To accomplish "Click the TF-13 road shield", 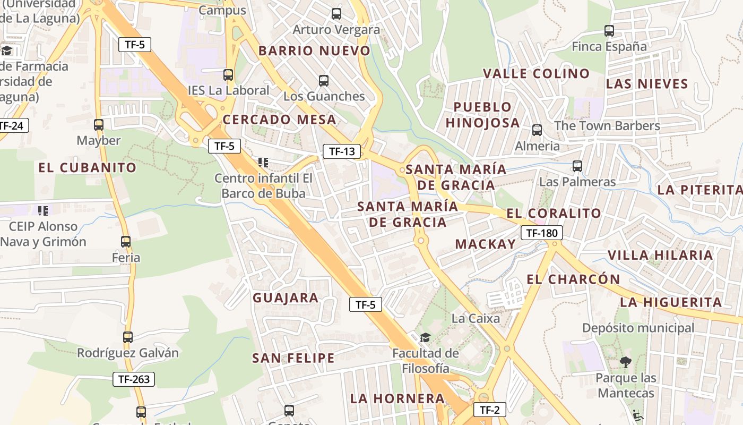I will [x=342, y=151].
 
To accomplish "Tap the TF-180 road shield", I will [x=541, y=233].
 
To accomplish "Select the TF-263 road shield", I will [x=134, y=379].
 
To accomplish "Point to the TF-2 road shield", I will [x=489, y=410].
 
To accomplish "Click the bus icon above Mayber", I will [x=99, y=125].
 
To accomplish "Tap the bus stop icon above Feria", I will [x=126, y=242].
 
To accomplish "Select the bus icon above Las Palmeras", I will [x=577, y=166].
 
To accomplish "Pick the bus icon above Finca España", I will [x=609, y=31].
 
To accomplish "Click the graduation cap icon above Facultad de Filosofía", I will [x=425, y=337].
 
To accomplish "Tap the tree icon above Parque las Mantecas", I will [x=626, y=362].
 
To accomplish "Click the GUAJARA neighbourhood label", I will [x=286, y=298].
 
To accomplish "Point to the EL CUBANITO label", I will [x=88, y=168].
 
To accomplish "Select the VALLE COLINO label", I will [x=536, y=74].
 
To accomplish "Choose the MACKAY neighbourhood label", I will [x=486, y=244].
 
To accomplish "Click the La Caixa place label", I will [x=476, y=319].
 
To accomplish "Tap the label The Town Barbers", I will [x=607, y=126].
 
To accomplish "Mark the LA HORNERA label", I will [x=398, y=398].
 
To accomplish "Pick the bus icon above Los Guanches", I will [x=324, y=81].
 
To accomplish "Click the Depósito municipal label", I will [x=638, y=328].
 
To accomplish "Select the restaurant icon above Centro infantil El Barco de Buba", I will [x=263, y=162].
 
